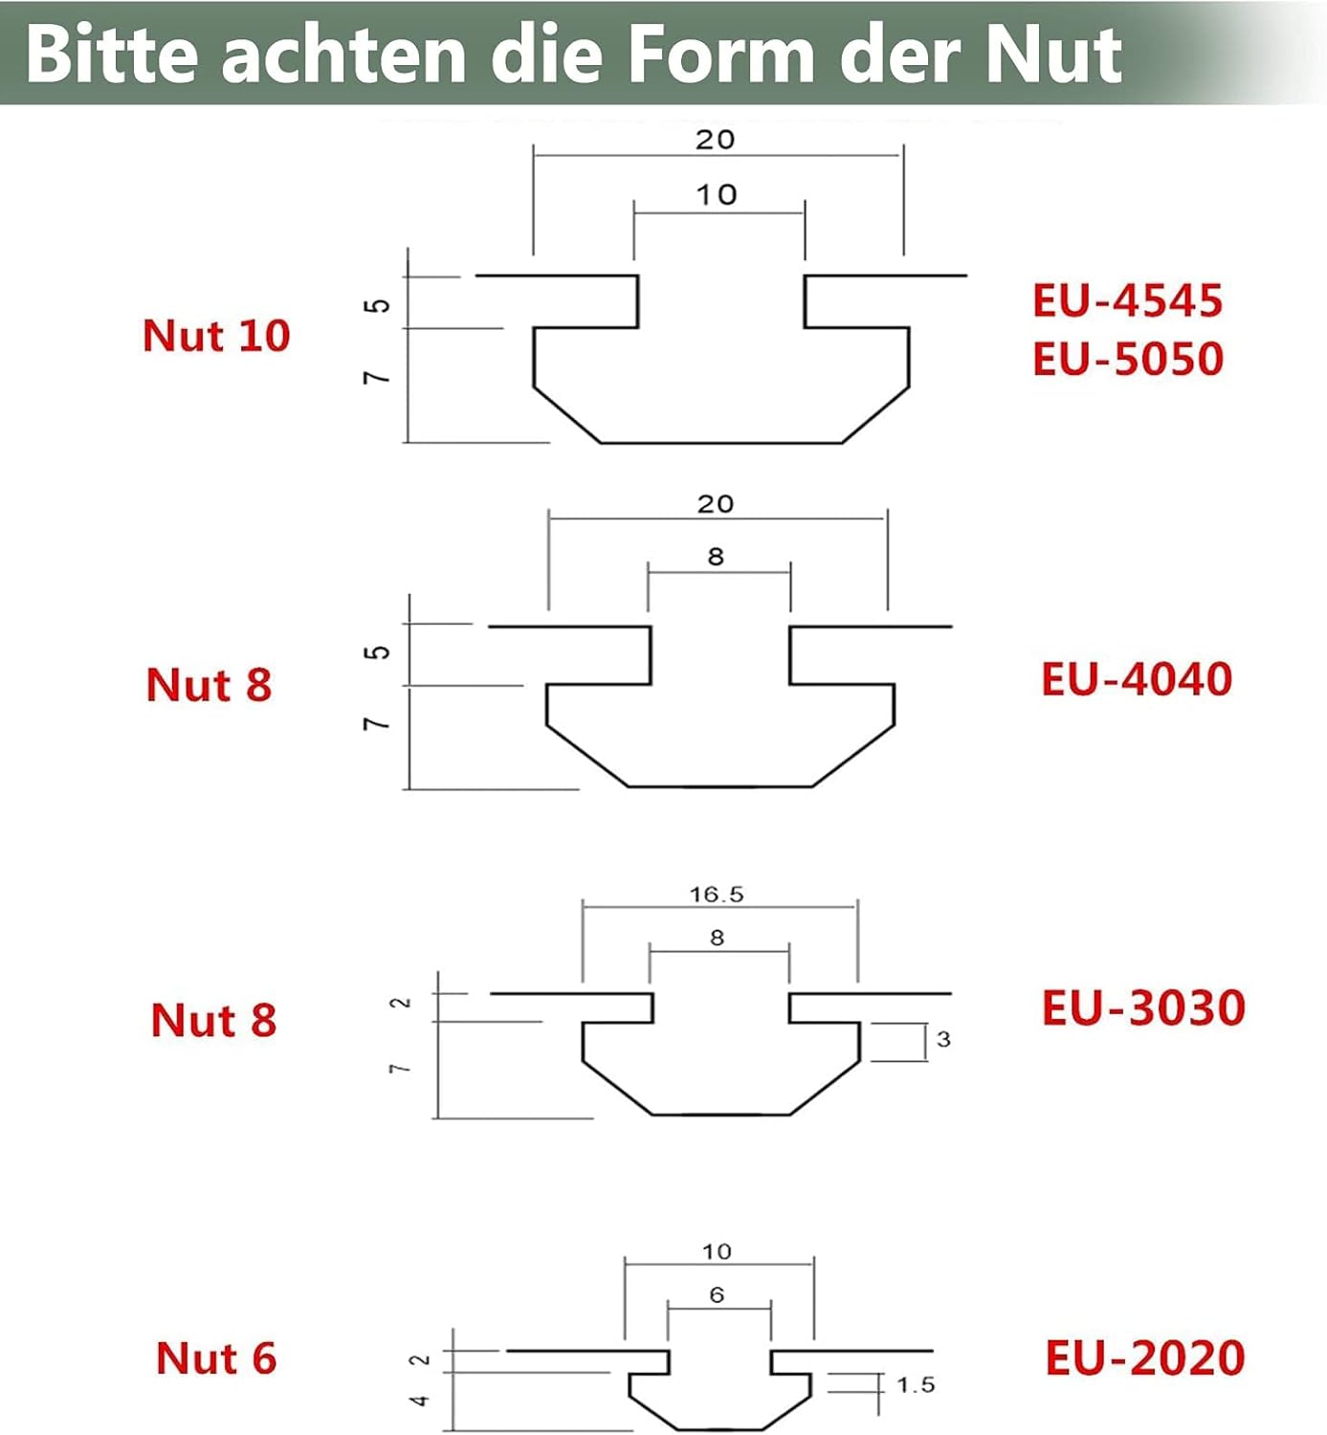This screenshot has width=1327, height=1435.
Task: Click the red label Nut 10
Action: pos(216,336)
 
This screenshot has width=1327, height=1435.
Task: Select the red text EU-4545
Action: pos(1127,300)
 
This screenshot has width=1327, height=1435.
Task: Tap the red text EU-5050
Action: pos(1128,359)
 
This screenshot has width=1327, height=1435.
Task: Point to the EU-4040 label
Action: pos(1137,679)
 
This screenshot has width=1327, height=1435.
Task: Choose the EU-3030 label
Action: pos(1143,1008)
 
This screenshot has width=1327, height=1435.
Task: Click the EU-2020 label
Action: pos(1144,1358)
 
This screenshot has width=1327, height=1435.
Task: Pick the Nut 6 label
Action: pos(216,1358)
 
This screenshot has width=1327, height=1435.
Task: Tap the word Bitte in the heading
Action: pos(114,55)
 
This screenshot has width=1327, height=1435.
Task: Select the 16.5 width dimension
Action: pos(717,894)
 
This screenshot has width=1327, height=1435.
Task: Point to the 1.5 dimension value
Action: pos(916,1384)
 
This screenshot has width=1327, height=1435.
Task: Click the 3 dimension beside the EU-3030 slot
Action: pos(943,1039)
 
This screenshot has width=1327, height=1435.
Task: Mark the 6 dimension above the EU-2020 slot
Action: pos(718,1294)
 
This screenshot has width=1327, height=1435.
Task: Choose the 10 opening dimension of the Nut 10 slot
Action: pos(717,195)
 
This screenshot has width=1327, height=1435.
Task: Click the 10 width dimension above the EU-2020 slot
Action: pos(717,1251)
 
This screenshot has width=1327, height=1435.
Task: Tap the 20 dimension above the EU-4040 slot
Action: pos(716,504)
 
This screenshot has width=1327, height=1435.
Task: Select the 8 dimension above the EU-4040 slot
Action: pos(716,556)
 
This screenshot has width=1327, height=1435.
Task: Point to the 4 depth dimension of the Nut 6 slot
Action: pos(420,1401)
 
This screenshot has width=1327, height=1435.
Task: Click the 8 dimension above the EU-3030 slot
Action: pos(718,938)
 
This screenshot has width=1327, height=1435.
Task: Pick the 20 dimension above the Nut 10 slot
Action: pos(716,140)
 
